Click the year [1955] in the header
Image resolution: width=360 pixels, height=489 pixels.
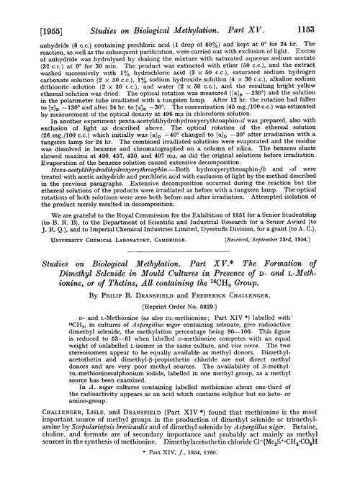tap(27, 9)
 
